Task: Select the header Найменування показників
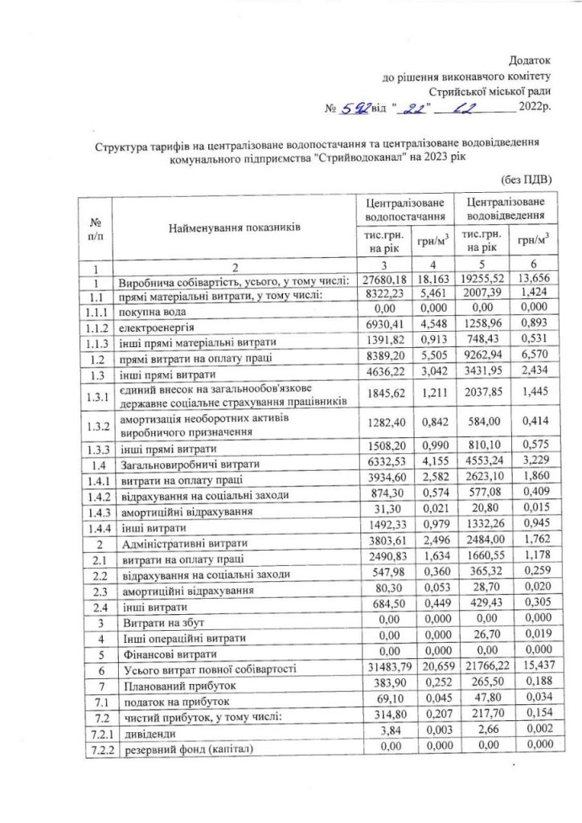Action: pyautogui.click(x=234, y=228)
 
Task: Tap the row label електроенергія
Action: pyautogui.click(x=154, y=327)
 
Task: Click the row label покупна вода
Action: pyautogui.click(x=153, y=312)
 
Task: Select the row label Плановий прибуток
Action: pyautogui.click(x=172, y=685)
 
